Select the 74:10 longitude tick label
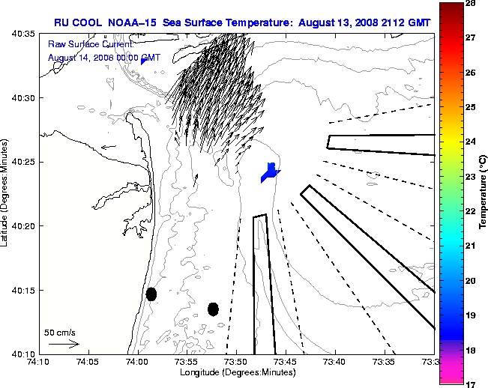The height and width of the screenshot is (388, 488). pyautogui.click(x=38, y=363)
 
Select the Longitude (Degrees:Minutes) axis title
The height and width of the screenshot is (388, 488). pyautogui.click(x=235, y=372)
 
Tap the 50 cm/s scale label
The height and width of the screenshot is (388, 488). pyautogui.click(x=60, y=332)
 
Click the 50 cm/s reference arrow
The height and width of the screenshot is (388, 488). pyautogui.click(x=64, y=344)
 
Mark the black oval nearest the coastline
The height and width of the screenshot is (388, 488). pyautogui.click(x=151, y=294)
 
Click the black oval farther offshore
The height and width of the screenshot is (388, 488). pyautogui.click(x=213, y=309)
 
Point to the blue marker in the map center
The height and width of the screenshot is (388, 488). pyautogui.click(x=270, y=172)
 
